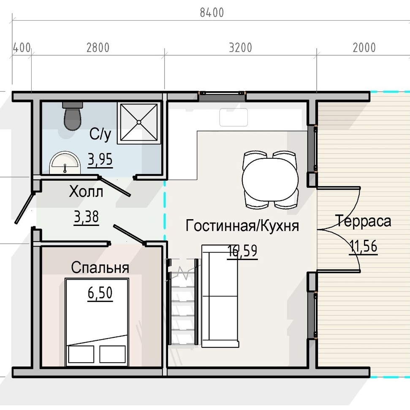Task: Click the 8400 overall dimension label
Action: (x=212, y=13)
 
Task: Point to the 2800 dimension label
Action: (x=98, y=48)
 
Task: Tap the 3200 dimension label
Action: (x=241, y=48)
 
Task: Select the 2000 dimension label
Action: (x=364, y=48)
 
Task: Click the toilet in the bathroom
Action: (x=73, y=116)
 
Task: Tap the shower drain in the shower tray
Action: (x=139, y=122)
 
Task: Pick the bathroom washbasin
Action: (x=65, y=162)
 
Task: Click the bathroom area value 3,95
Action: (x=100, y=160)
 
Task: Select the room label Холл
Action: (x=86, y=192)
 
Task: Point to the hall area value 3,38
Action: (x=87, y=217)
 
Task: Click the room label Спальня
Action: (x=100, y=268)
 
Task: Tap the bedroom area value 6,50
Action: (x=100, y=293)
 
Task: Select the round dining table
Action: (x=270, y=179)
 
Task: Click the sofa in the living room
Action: (x=220, y=296)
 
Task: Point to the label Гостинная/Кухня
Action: (x=242, y=225)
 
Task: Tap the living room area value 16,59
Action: (x=242, y=251)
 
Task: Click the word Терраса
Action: (x=364, y=221)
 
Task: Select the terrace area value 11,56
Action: (x=364, y=247)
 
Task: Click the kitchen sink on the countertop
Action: (x=234, y=117)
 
